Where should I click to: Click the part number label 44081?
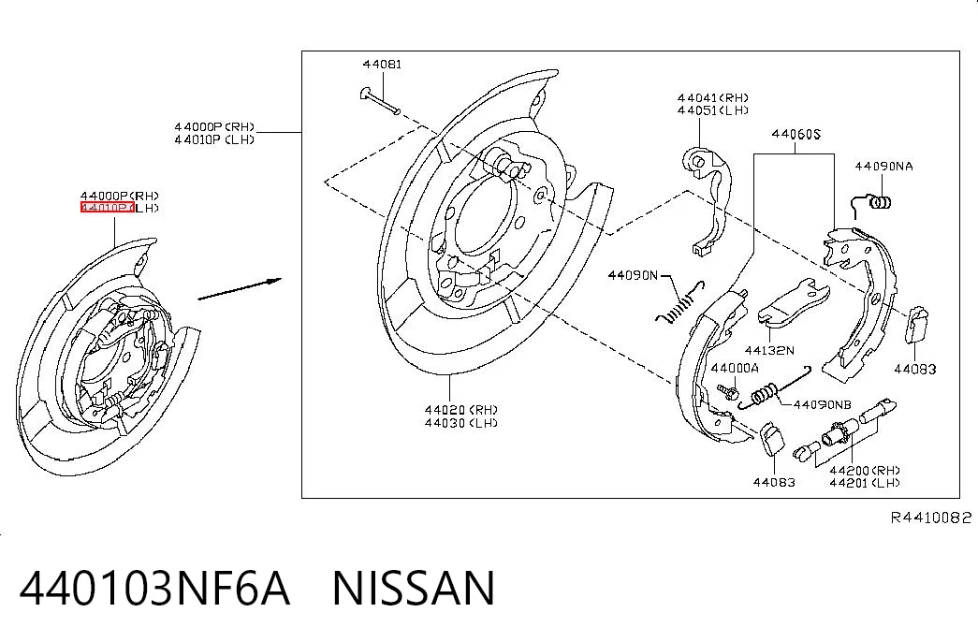(x=383, y=65)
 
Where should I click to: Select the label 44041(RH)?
(x=713, y=98)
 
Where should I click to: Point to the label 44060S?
(x=796, y=134)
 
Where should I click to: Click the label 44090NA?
(x=883, y=166)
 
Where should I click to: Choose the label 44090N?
(x=633, y=275)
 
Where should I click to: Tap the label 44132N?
(x=769, y=351)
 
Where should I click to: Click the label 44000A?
(x=735, y=369)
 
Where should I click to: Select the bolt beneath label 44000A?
(x=728, y=392)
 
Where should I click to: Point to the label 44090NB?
(x=822, y=405)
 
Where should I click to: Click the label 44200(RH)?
(x=865, y=471)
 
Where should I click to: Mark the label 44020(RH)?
(x=461, y=410)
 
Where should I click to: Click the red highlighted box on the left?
(x=107, y=208)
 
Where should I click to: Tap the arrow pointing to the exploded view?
(x=240, y=289)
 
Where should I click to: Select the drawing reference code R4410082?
(x=930, y=518)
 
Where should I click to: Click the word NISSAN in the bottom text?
(x=414, y=588)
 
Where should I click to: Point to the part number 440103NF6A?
(x=154, y=588)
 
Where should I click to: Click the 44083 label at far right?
(x=915, y=370)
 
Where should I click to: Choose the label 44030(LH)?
(x=461, y=423)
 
